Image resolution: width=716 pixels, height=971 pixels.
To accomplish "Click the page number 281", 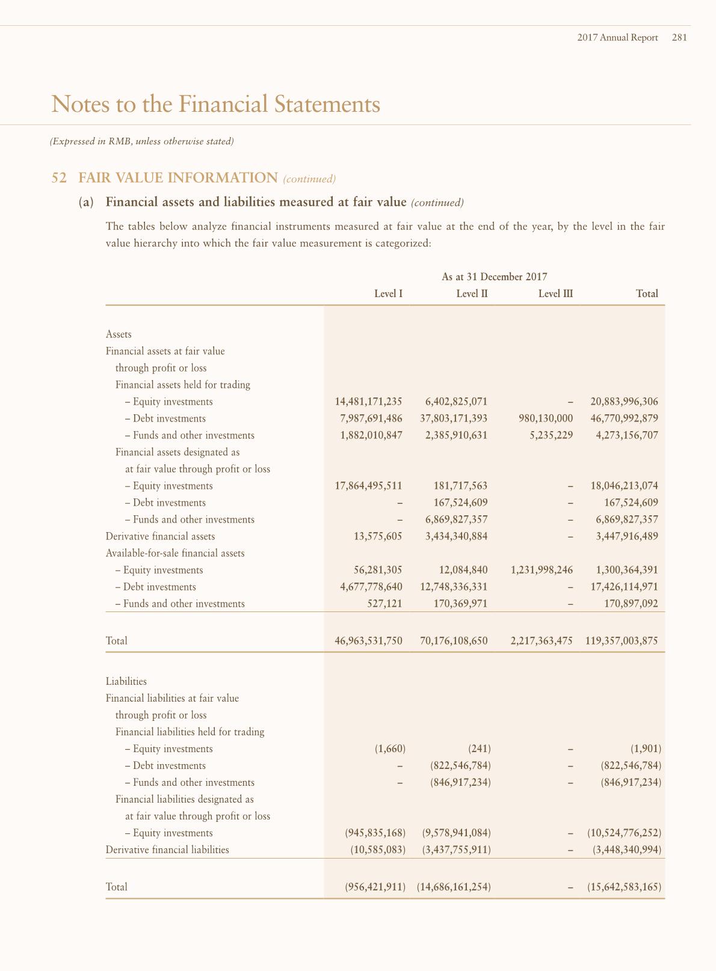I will (679, 37).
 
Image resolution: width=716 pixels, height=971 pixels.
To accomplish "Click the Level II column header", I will (472, 294).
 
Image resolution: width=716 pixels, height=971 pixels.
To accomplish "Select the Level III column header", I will (555, 294).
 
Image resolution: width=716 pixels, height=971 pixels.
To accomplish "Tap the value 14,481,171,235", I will (368, 402).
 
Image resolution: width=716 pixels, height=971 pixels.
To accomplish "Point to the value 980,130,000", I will (541, 418).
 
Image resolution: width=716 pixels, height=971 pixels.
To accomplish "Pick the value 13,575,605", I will (377, 536).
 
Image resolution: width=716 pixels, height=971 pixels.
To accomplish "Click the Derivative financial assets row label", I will (160, 536).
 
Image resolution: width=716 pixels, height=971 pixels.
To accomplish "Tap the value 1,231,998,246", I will (541, 570).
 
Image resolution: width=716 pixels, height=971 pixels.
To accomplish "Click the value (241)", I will (480, 749).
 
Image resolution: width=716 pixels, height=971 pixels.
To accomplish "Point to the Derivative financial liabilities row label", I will (167, 850).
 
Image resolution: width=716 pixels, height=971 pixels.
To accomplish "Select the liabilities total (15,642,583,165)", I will (624, 887).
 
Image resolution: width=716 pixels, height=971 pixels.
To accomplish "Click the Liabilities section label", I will (126, 682).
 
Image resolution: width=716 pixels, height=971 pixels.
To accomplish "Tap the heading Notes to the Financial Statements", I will (216, 104).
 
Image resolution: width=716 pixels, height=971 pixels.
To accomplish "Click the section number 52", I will (59, 178).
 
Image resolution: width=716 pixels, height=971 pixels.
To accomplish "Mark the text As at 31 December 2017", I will (494, 277).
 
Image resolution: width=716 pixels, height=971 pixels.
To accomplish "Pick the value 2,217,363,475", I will (541, 641).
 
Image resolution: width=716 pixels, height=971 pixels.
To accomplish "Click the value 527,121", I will (384, 604).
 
